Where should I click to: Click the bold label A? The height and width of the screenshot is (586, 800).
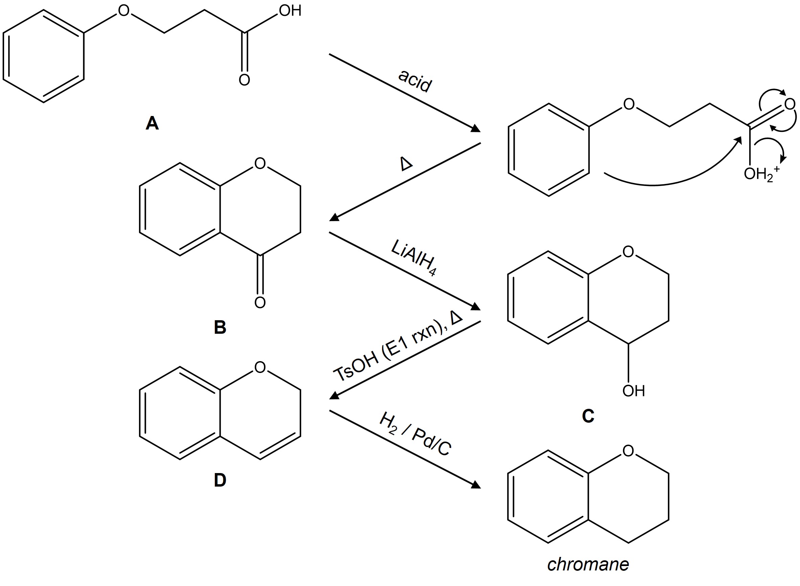(152, 123)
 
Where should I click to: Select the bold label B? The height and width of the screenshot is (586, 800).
(220, 327)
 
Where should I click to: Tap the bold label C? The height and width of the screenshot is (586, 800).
(588, 416)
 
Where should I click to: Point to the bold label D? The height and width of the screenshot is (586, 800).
(220, 480)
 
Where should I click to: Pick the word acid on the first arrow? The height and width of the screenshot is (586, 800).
(415, 81)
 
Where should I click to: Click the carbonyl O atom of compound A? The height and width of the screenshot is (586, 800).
(244, 80)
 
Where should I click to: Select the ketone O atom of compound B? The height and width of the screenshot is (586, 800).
(260, 303)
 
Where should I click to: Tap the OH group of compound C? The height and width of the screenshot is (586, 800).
(634, 391)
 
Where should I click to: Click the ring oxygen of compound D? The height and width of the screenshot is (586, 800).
(260, 367)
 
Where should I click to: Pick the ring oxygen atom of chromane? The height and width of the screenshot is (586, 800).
(628, 451)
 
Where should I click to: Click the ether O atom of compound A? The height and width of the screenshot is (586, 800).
(124, 10)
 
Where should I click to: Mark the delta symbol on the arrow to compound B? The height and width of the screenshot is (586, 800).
(406, 164)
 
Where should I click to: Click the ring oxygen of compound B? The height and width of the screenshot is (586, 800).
(260, 164)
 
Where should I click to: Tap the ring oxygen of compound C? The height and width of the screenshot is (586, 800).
(628, 252)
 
